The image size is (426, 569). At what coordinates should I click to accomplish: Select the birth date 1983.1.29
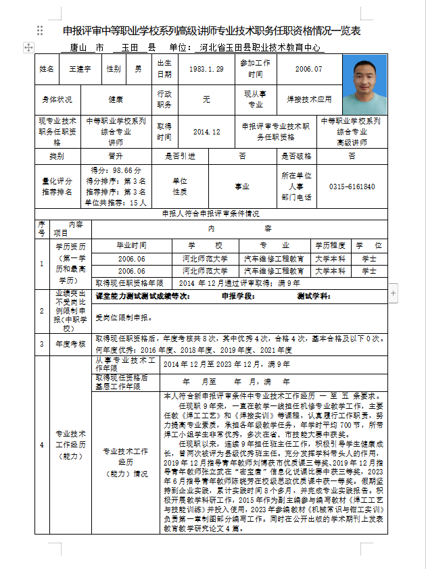(206, 69)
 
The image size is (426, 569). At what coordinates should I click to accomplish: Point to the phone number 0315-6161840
(352, 187)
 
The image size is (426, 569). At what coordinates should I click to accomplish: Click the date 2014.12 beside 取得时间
(206, 132)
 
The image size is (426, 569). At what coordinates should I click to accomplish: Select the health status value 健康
(115, 99)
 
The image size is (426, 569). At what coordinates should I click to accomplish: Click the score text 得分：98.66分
(115, 171)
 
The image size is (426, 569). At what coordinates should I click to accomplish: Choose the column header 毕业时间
(131, 245)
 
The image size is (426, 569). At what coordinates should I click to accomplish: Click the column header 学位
(369, 245)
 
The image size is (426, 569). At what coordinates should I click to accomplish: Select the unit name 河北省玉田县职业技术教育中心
(260, 48)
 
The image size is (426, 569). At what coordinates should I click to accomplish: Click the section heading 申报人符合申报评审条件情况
(211, 214)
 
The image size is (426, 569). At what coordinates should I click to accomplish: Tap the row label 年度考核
(70, 344)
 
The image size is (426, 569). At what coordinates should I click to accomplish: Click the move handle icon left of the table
(28, 47)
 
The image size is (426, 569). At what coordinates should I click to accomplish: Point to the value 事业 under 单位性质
(242, 186)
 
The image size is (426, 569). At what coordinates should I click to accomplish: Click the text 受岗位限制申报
(121, 317)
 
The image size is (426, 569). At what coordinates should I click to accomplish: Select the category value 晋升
(115, 156)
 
